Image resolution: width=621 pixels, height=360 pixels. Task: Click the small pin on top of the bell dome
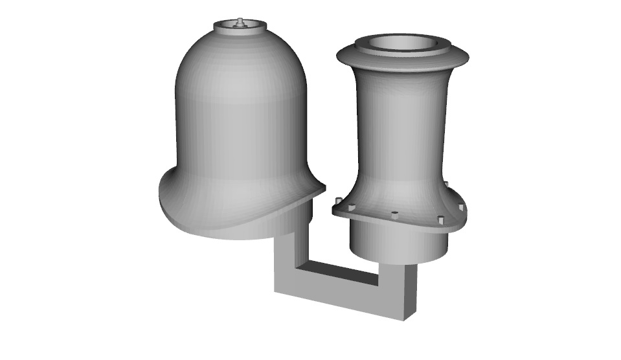tap(240, 22)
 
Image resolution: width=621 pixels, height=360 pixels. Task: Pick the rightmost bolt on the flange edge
tap(462, 208)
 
